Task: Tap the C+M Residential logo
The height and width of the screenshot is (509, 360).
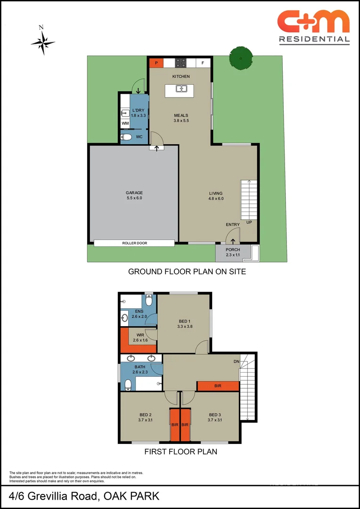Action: tap(313, 27)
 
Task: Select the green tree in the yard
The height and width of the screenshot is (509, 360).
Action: tap(241, 58)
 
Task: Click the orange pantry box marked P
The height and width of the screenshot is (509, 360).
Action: tap(156, 63)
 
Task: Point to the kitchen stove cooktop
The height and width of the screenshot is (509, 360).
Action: tap(180, 63)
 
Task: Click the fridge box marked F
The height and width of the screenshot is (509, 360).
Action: tap(203, 63)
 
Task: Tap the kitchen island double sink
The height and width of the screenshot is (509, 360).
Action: tap(181, 89)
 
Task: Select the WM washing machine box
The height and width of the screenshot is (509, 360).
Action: tap(125, 123)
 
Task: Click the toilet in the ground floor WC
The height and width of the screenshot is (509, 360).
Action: tap(125, 137)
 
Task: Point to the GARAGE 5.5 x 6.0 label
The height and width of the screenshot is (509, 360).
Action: tap(134, 196)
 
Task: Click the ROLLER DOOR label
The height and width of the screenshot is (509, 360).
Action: tap(134, 243)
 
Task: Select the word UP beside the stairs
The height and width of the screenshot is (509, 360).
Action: tap(249, 222)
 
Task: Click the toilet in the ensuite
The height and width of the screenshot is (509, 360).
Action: tap(149, 300)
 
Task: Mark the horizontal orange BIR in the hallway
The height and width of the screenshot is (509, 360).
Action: tap(218, 386)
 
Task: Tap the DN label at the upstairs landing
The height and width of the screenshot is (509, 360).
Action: tap(236, 361)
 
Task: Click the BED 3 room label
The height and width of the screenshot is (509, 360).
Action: tap(215, 417)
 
